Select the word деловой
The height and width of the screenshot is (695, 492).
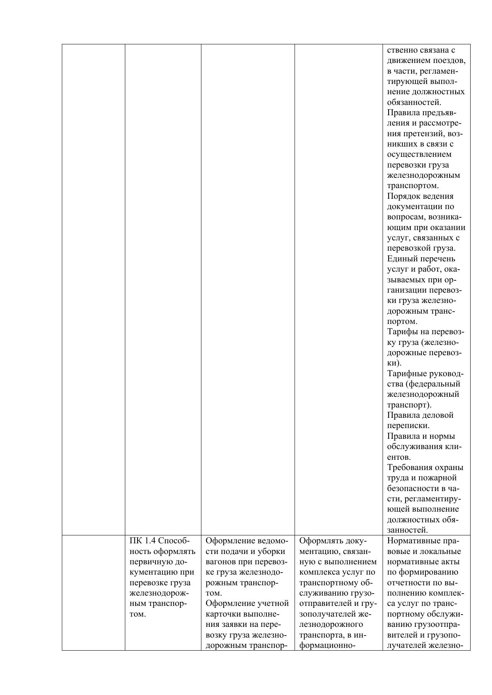436,415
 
